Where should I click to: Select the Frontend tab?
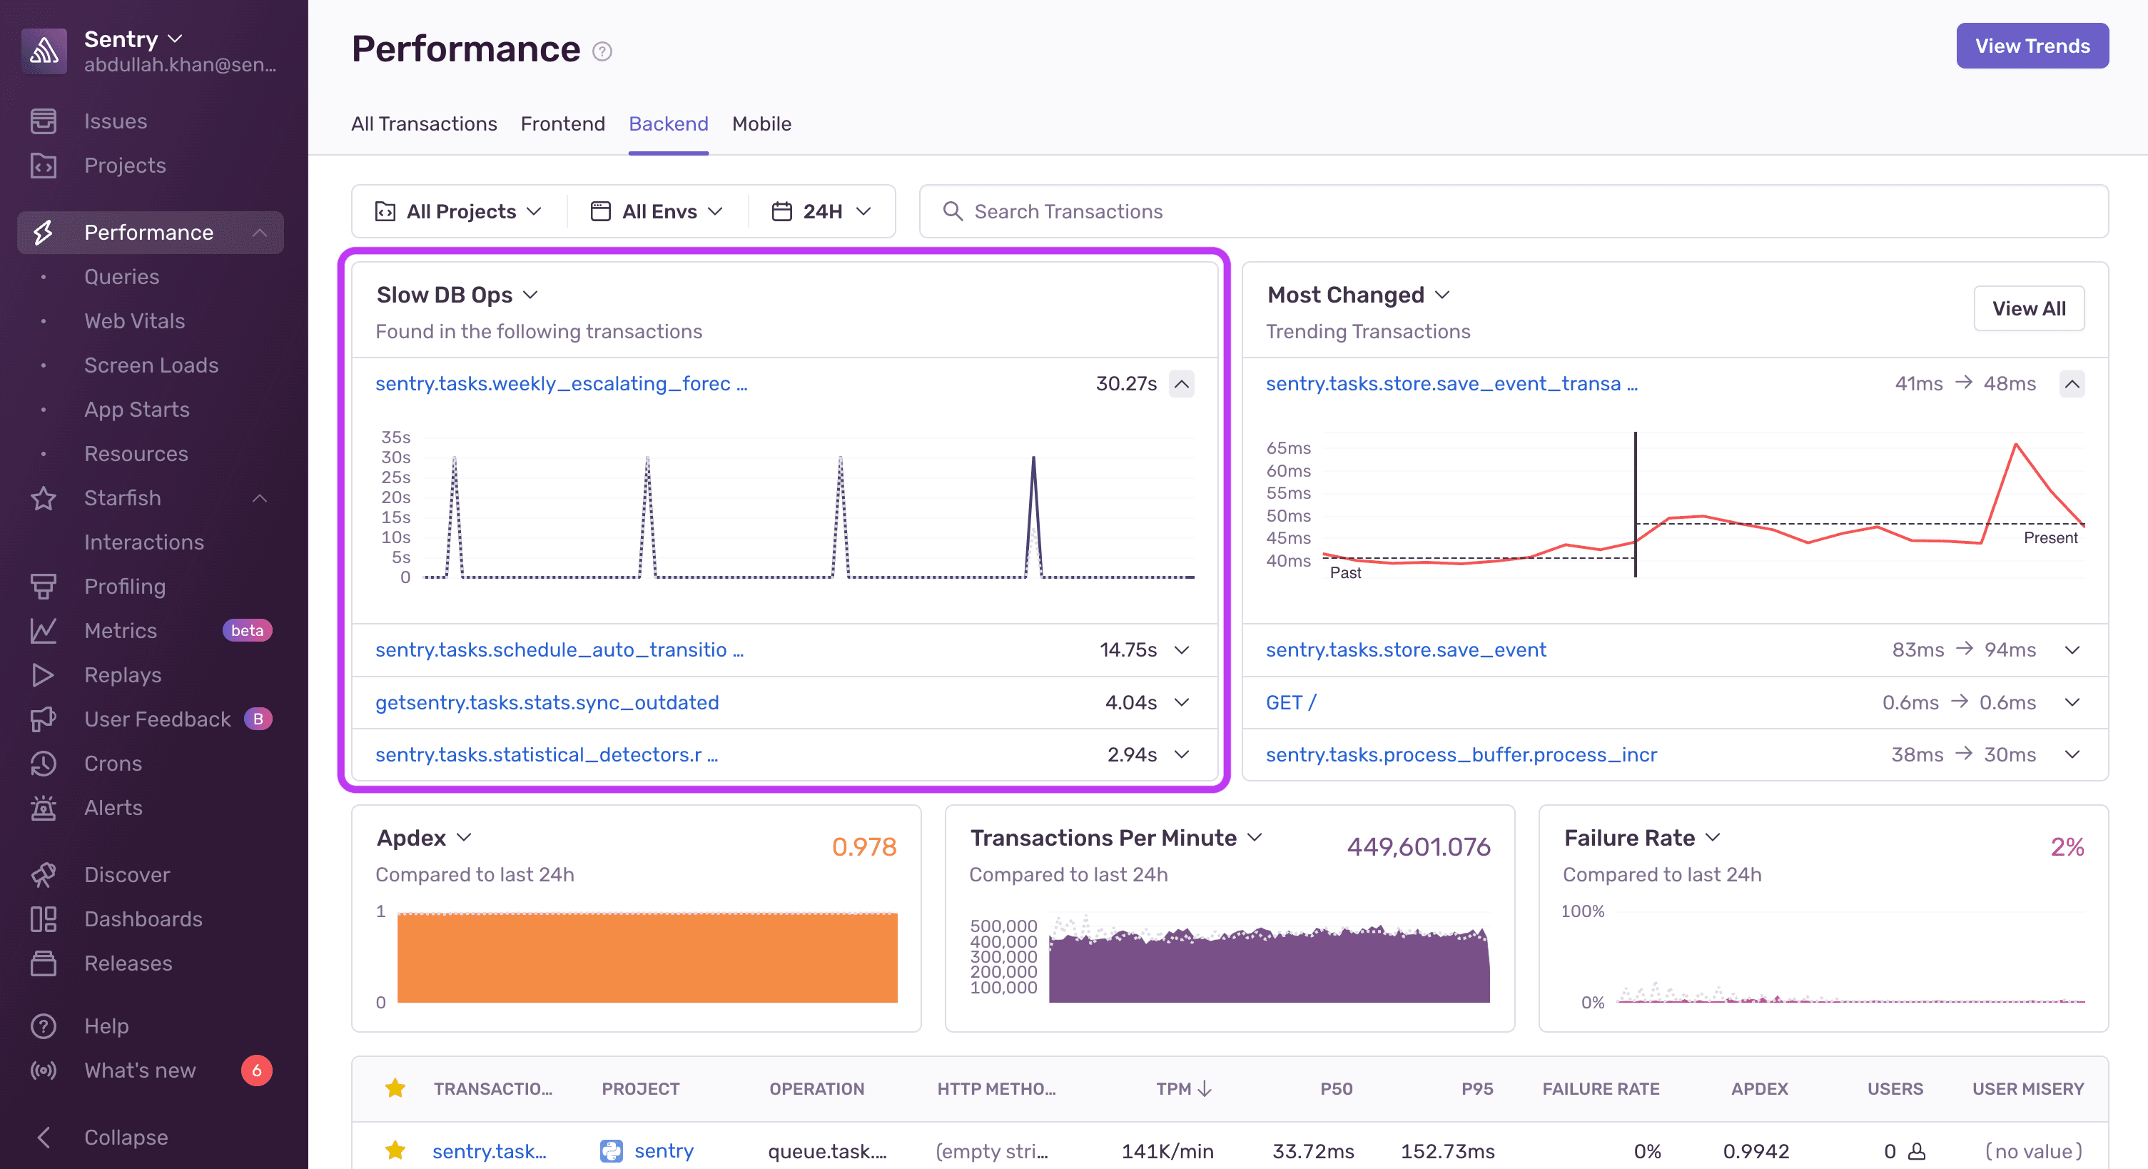562,123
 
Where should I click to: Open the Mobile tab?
761,123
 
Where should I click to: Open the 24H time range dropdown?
821,212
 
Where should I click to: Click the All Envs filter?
657,212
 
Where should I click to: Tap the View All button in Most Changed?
2028,308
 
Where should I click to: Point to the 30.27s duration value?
1125,383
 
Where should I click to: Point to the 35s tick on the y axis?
395,437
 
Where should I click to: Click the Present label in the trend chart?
2050,538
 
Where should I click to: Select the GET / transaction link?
1290,702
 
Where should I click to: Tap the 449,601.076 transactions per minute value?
1417,846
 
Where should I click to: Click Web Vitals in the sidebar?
134,321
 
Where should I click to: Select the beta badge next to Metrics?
247,630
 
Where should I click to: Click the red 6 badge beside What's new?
256,1070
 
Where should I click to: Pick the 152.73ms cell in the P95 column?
1447,1150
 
